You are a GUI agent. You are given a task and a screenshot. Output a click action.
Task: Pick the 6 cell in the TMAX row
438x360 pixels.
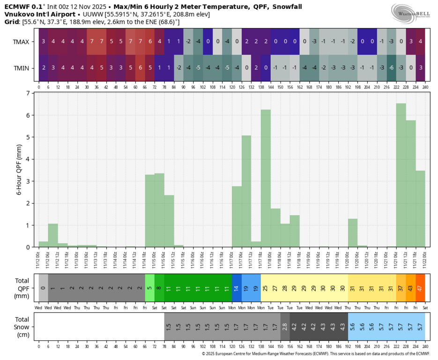(x=150, y=41)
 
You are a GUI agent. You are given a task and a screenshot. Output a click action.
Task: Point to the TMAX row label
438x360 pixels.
(x=21, y=42)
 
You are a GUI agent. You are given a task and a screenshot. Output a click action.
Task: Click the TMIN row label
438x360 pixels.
(x=21, y=68)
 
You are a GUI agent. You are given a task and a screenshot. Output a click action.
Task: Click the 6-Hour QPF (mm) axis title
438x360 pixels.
(x=20, y=170)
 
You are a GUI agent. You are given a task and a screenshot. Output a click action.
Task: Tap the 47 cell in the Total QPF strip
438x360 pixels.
(x=420, y=287)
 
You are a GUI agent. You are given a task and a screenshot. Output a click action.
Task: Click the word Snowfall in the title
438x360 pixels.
(x=284, y=7)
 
